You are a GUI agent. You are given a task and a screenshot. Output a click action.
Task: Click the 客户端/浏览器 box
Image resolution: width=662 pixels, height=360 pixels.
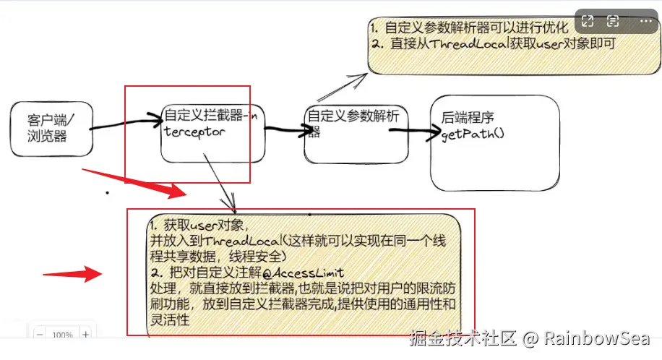(x=51, y=129)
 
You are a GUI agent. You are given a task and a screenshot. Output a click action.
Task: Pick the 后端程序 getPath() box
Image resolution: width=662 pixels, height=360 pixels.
(x=494, y=143)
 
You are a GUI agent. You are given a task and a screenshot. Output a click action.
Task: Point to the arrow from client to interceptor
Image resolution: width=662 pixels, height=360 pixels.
(x=126, y=123)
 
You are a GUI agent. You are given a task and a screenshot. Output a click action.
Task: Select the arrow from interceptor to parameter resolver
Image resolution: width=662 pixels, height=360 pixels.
(x=284, y=131)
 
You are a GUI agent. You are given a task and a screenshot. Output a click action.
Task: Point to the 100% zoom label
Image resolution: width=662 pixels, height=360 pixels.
(x=62, y=335)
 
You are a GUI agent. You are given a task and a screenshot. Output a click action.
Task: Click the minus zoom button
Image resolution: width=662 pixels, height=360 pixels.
(x=40, y=335)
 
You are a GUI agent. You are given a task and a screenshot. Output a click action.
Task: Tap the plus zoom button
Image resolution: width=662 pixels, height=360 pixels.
(x=85, y=335)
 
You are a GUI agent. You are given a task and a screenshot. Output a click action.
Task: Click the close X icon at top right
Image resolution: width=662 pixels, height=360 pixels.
(x=641, y=22)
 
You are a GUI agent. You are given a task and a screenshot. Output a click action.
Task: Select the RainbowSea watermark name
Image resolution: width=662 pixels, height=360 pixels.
(x=596, y=338)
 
